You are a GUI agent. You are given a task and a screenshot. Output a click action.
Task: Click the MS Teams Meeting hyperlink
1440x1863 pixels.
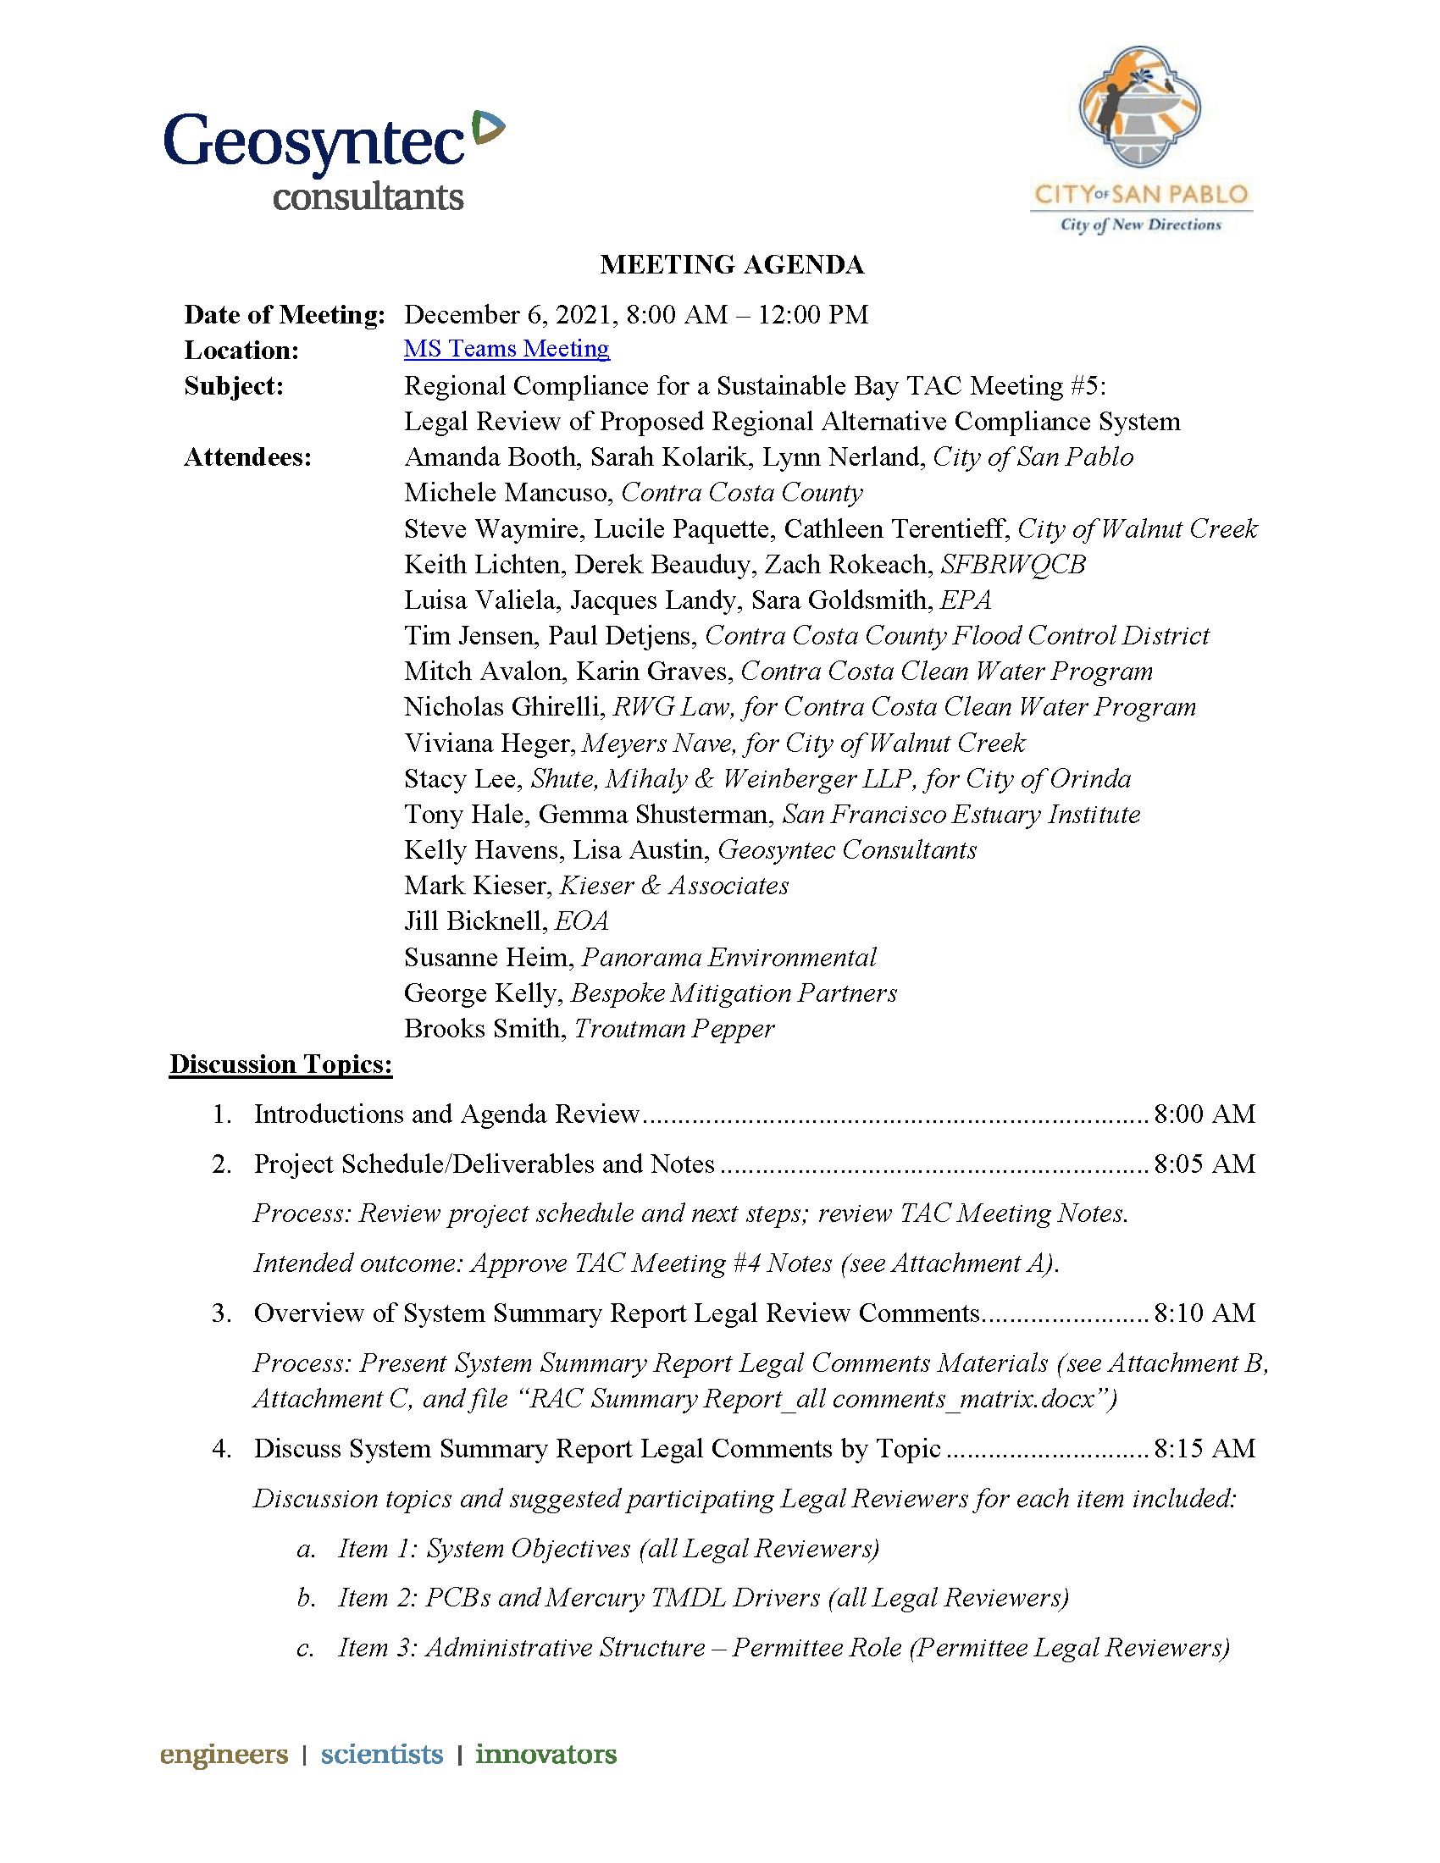[x=507, y=349]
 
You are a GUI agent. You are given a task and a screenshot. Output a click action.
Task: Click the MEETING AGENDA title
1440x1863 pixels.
[x=732, y=264]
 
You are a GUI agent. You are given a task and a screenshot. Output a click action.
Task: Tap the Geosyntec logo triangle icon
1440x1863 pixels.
[x=488, y=127]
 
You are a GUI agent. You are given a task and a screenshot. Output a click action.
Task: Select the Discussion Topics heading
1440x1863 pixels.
[x=280, y=1064]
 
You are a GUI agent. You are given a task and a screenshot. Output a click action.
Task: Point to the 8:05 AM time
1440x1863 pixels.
[x=1204, y=1164]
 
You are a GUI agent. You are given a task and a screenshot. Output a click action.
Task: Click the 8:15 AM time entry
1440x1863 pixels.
[x=1204, y=1448]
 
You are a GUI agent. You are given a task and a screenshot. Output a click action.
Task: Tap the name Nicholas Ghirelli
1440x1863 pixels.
[x=503, y=707]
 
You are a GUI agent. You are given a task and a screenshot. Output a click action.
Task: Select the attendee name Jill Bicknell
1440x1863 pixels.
[x=474, y=921]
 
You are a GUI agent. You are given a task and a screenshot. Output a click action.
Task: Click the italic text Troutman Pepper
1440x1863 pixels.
[x=674, y=1029]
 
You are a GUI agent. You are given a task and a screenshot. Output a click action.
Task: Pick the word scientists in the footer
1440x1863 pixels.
[x=381, y=1754]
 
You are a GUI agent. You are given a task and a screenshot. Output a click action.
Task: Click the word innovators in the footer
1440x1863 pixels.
[x=546, y=1754]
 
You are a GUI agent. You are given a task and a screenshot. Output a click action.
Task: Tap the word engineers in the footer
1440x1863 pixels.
[x=224, y=1754]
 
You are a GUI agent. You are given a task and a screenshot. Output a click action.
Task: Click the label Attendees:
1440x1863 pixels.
[x=248, y=458]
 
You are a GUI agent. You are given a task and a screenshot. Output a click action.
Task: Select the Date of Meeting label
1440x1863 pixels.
[x=285, y=315]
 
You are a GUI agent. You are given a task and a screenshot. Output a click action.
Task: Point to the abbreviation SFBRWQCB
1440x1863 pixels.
[x=1012, y=565]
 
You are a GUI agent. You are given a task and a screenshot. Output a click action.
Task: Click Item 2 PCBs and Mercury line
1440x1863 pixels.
[x=703, y=1598]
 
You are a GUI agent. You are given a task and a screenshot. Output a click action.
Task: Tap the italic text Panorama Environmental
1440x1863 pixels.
[x=728, y=958]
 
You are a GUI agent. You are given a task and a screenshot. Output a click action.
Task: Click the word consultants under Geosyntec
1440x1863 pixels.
[x=368, y=197]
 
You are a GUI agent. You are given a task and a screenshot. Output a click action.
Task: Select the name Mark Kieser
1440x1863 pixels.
[x=478, y=887]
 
